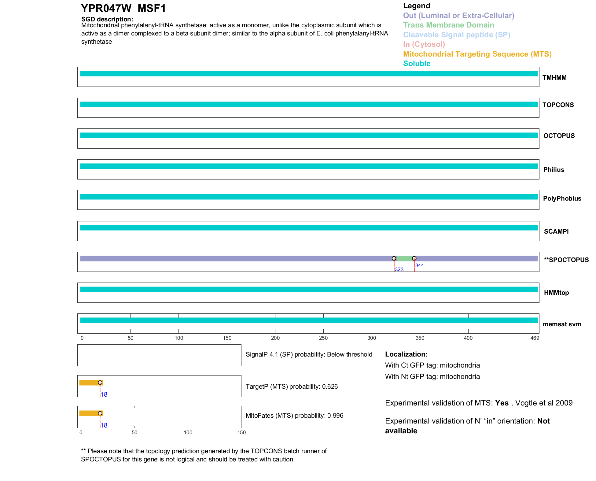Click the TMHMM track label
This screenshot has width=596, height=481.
tap(554, 78)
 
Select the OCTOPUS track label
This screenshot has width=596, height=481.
tap(559, 136)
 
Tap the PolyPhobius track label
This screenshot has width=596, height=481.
tap(562, 198)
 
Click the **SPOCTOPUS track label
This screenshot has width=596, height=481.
tap(566, 260)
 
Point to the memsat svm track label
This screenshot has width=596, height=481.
tap(562, 324)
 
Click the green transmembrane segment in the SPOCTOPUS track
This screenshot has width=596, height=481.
tap(404, 259)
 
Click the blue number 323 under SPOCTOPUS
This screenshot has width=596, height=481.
tap(399, 269)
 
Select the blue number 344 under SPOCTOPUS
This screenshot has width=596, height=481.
tap(420, 265)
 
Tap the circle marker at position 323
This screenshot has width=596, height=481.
tap(394, 259)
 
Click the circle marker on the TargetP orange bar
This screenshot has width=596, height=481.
tap(100, 383)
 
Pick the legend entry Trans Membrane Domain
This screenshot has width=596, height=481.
tap(448, 25)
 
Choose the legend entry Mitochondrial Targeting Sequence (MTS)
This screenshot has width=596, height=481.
tap(477, 54)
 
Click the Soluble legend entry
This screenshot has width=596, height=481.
tap(417, 64)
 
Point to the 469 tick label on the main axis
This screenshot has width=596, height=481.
tap(535, 338)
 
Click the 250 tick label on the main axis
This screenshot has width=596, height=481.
tap(323, 338)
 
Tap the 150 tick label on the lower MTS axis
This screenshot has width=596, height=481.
tap(241, 432)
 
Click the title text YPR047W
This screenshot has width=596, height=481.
tap(106, 9)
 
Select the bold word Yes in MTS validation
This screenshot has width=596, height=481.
tap(502, 403)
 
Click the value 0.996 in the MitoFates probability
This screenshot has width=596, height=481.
tap(335, 416)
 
